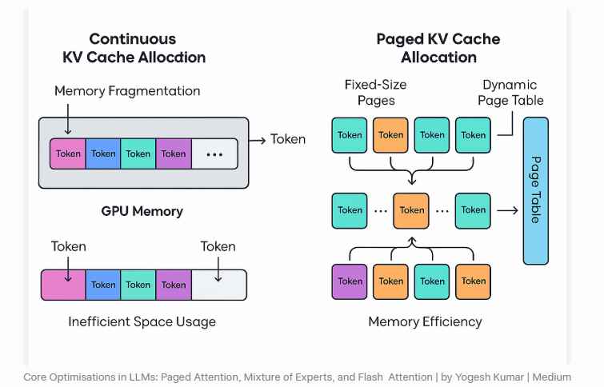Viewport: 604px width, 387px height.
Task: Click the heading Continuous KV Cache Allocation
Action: pyautogui.click(x=134, y=48)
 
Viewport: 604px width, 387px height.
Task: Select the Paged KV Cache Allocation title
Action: pyautogui.click(x=438, y=48)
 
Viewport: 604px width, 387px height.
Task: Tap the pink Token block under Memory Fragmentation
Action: pyautogui.click(x=68, y=154)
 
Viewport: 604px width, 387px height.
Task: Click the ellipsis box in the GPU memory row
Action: pyautogui.click(x=214, y=154)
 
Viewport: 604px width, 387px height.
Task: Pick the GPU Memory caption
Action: pyautogui.click(x=142, y=212)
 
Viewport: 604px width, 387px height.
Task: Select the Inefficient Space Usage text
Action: pyautogui.click(x=142, y=321)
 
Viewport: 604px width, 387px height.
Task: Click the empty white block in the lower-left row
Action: pyautogui.click(x=218, y=285)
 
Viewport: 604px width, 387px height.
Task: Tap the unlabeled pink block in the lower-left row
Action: pyautogui.click(x=63, y=285)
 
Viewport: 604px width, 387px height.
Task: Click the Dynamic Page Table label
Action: pyautogui.click(x=510, y=92)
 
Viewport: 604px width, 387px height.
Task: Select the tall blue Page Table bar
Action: pyautogui.click(x=535, y=190)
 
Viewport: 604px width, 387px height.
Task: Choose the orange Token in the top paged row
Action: pyautogui.click(x=391, y=135)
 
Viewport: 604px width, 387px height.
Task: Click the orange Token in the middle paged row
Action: pyautogui.click(x=412, y=210)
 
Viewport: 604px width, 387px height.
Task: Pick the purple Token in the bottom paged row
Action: pyautogui.click(x=350, y=281)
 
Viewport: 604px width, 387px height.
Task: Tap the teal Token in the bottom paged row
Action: pyautogui.click(x=432, y=281)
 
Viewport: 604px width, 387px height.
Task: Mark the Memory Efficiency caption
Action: pyautogui.click(x=425, y=321)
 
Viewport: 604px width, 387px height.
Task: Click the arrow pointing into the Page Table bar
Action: pyautogui.click(x=507, y=210)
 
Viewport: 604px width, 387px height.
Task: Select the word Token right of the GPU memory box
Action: pyautogui.click(x=287, y=139)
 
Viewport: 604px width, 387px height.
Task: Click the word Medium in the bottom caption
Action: pyautogui.click(x=552, y=377)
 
